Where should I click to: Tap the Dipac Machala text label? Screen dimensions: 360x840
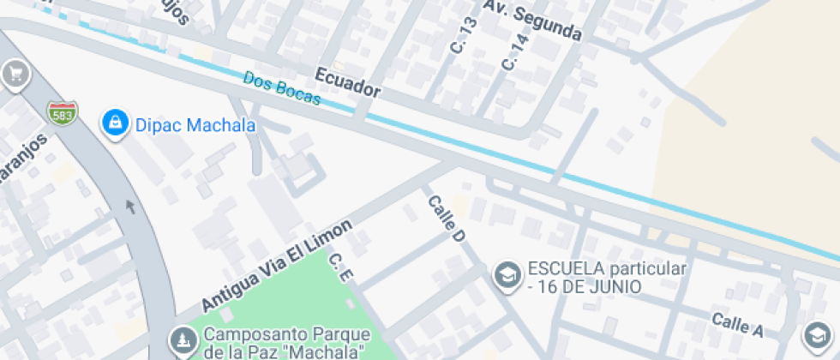195,126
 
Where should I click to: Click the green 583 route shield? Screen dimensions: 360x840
62,113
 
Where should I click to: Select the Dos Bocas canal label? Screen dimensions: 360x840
281,88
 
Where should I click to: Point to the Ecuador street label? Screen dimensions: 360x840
347,82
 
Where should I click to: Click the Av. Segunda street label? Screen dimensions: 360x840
532,20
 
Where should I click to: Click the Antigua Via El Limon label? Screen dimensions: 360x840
277,266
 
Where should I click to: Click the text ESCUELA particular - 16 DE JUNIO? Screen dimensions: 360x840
608,278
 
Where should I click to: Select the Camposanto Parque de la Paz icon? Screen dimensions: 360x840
182,341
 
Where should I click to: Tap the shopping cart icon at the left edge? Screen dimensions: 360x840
14,75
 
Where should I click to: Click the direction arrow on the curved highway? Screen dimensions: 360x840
130,206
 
